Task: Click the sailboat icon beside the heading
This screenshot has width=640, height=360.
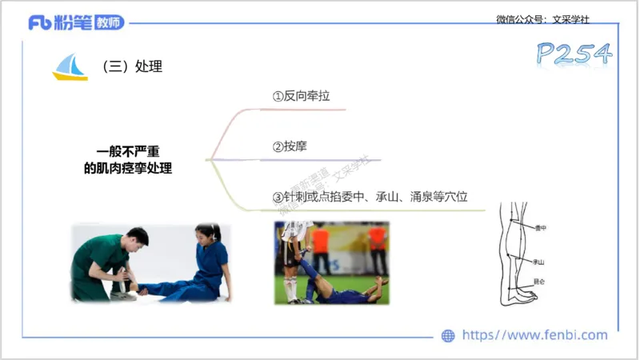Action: [70, 67]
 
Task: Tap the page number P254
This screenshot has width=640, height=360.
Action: [574, 54]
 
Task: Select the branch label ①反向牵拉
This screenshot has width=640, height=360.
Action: [301, 96]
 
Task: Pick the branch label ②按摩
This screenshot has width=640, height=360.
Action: [290, 147]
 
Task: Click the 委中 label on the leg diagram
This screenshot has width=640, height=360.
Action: [540, 228]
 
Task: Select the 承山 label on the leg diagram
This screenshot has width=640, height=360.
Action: [538, 262]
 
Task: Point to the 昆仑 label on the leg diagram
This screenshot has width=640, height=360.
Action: [538, 282]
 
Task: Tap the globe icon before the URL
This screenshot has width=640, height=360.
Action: [448, 336]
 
